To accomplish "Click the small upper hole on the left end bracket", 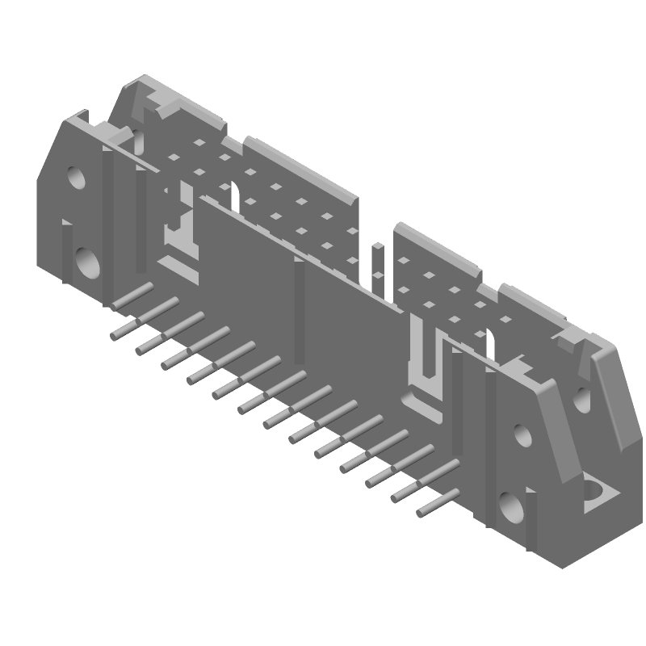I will [x=76, y=177].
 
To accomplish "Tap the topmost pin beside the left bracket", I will [x=132, y=296].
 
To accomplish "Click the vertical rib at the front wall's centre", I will [x=300, y=307].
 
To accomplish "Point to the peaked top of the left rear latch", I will [x=145, y=83].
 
